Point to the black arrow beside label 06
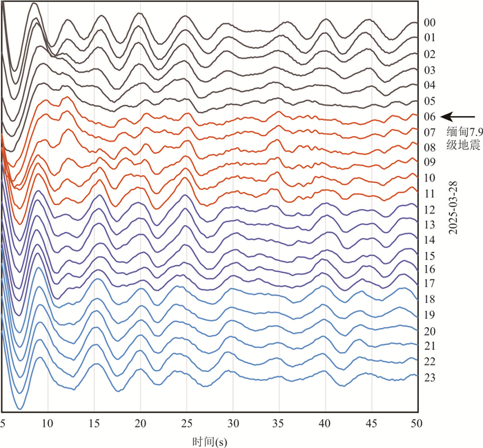tap(457, 116)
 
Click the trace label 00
tap(429, 22)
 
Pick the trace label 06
tap(429, 117)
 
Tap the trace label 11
tap(429, 194)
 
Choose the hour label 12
tap(429, 209)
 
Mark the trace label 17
tap(429, 284)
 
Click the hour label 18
tap(429, 300)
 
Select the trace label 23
tap(429, 377)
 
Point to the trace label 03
tap(429, 70)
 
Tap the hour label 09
tap(429, 163)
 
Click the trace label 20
tap(429, 331)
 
